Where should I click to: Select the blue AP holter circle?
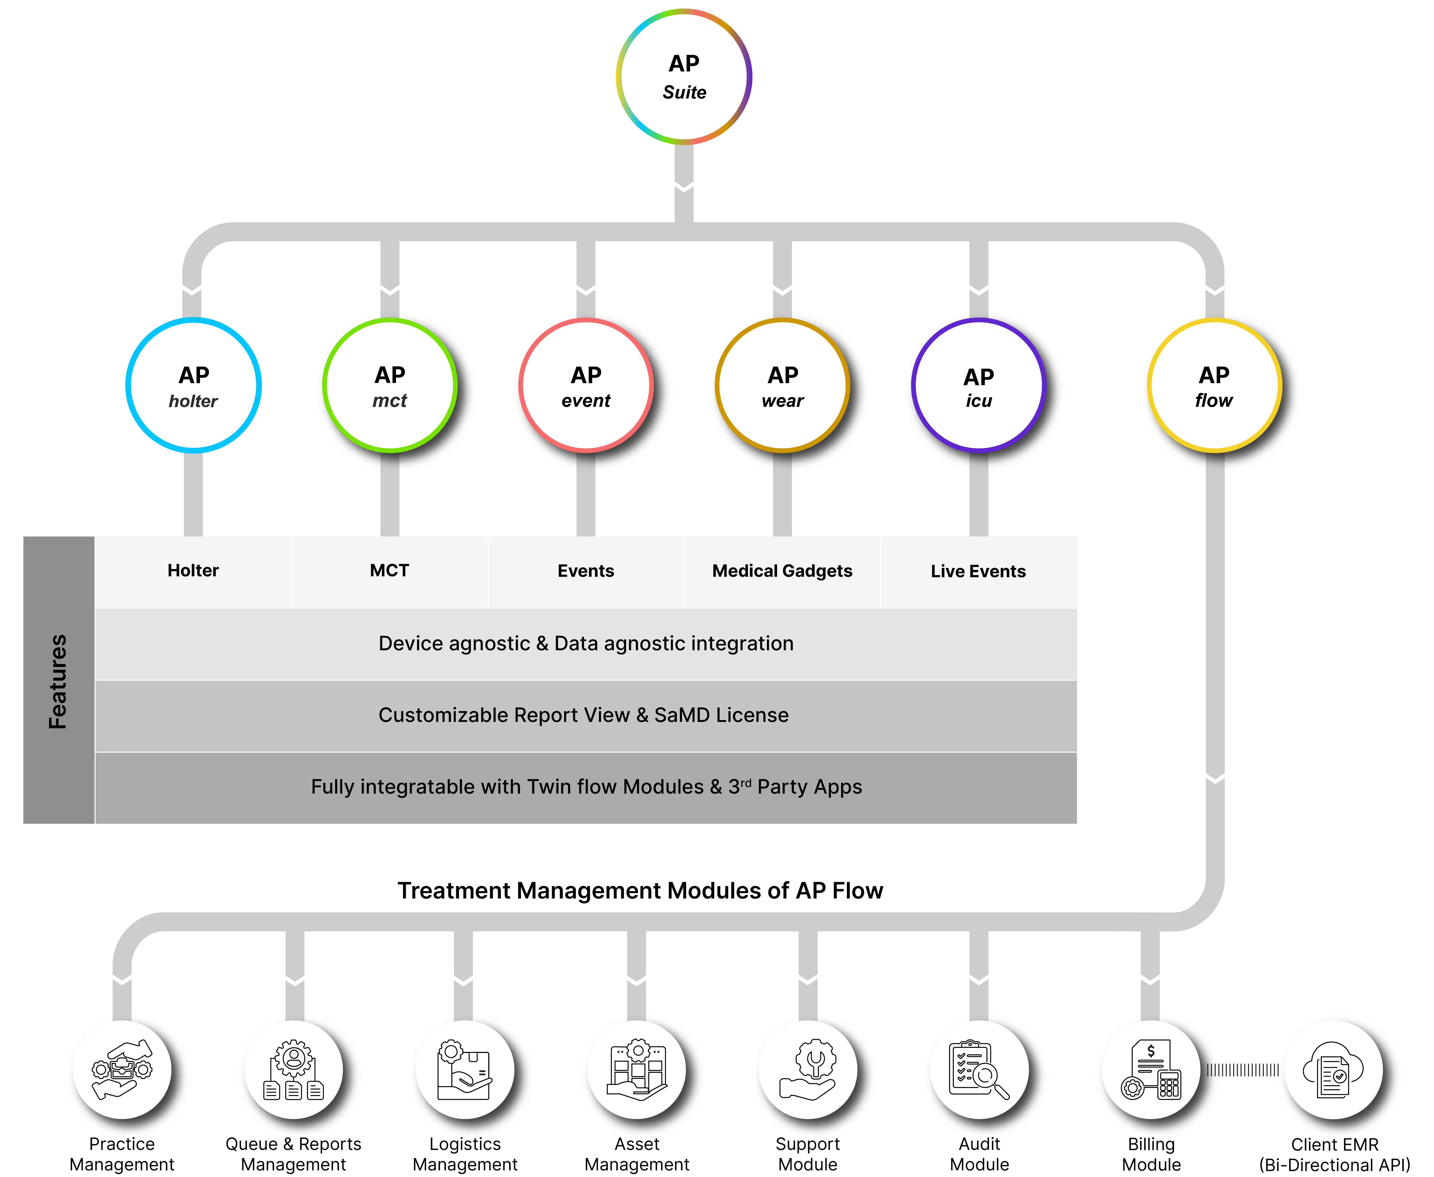[193, 385]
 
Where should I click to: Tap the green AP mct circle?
[389, 385]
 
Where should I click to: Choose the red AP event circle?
[585, 385]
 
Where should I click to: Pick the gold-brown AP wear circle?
[782, 385]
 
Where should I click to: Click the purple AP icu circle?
[978, 385]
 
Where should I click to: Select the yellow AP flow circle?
[1213, 385]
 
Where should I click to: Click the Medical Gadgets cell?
[782, 571]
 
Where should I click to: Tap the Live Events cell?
[978, 571]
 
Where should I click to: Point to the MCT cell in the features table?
[389, 571]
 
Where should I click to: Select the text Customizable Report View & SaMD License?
[583, 715]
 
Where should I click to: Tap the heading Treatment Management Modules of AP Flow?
[640, 890]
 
